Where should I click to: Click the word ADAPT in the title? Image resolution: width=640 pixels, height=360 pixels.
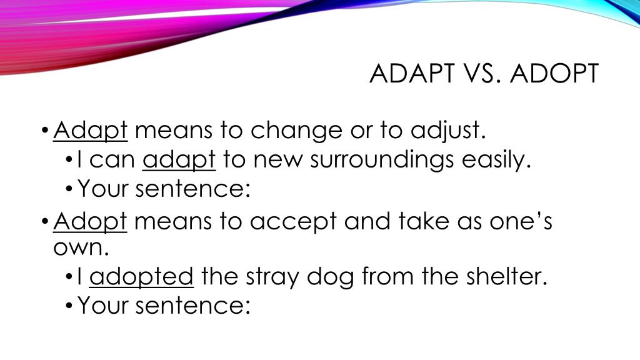click(408, 74)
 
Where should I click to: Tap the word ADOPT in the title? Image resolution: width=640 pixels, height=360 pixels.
click(554, 74)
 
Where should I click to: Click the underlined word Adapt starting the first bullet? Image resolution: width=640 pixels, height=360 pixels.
click(91, 131)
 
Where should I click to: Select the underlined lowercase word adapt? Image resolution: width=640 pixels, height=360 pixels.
click(179, 161)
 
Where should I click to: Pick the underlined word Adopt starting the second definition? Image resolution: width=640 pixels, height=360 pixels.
click(91, 221)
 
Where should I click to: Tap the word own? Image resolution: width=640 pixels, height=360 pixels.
click(81, 247)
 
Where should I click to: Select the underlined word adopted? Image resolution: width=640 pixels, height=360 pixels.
click(142, 276)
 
